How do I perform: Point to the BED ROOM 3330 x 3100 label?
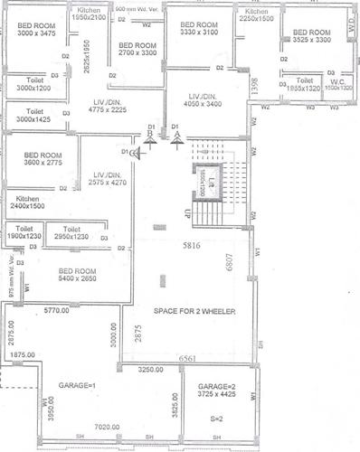click(198, 28)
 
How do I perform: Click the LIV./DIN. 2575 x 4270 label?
click(112, 179)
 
